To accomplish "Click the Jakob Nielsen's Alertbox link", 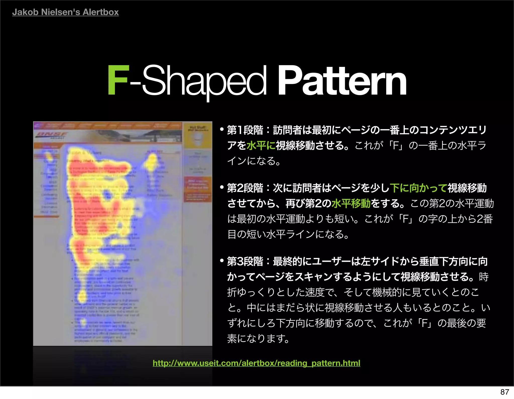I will coord(65,12).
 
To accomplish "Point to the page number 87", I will coord(504,392).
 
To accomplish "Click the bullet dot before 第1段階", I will coord(221,130).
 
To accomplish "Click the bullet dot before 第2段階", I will coord(221,188).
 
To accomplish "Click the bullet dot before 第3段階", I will coord(221,261).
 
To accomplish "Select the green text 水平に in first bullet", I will coord(261,145).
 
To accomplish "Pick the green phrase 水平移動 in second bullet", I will coord(351,203).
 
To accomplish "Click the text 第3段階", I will coord(245,261).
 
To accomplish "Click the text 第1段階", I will coord(245,130).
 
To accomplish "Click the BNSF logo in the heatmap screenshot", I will coord(51,135).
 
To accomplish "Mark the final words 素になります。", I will coord(259,338).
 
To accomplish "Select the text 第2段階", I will coord(245,188).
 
